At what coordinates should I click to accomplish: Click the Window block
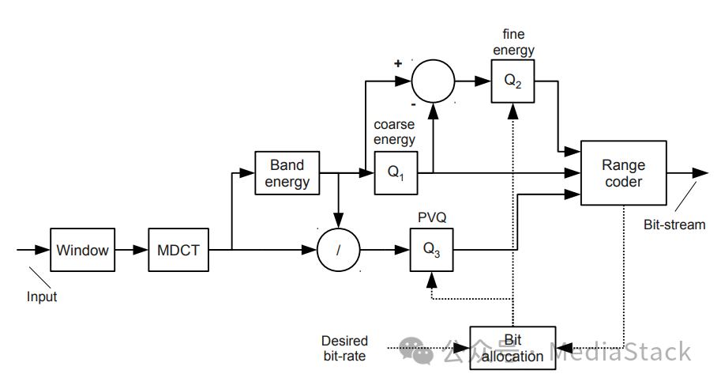[83, 250]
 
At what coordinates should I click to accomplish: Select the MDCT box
[178, 250]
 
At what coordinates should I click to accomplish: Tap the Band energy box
[287, 173]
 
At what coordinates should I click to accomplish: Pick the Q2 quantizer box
[513, 81]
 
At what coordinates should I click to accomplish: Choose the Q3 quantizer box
[431, 250]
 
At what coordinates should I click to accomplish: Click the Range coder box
[623, 173]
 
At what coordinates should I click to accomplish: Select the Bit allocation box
[513, 348]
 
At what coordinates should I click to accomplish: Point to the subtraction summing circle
[433, 81]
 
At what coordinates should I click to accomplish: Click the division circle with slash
[338, 250]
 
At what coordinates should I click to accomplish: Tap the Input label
[42, 297]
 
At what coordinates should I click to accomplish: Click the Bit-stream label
[674, 225]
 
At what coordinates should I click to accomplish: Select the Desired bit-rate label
[344, 348]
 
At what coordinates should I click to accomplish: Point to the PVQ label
[431, 216]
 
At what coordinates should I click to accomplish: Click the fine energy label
[513, 43]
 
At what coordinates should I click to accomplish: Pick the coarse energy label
[394, 132]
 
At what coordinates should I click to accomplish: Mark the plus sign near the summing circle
[398, 63]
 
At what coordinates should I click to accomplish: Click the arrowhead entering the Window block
[44, 250]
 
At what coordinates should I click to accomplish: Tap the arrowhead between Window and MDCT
[141, 250]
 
